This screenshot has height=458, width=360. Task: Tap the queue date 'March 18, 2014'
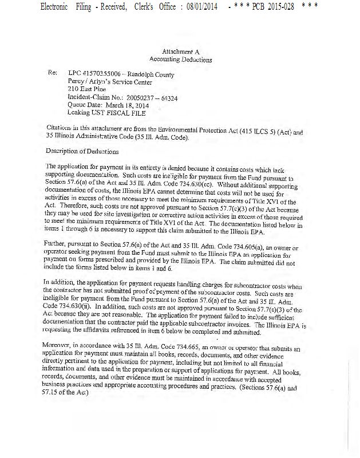(126, 105)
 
